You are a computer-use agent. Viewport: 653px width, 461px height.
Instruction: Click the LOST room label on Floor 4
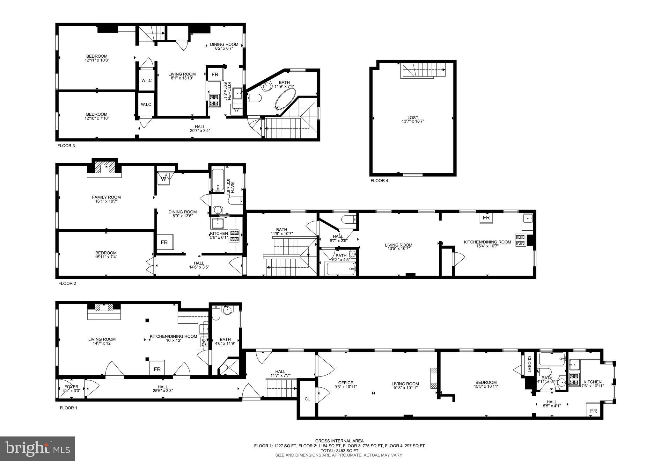coord(413,118)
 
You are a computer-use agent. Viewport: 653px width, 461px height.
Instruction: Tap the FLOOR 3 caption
coord(66,146)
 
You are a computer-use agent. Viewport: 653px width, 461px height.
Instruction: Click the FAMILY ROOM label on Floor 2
coord(106,197)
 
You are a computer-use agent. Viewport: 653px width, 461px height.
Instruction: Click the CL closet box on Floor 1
coord(307,399)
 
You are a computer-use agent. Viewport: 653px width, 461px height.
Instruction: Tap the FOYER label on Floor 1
coord(71,387)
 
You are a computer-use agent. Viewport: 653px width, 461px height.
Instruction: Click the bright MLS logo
coord(37,449)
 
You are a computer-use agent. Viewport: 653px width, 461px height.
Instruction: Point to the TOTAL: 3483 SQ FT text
coord(339,450)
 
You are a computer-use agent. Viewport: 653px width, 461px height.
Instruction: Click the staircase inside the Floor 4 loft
coord(423,70)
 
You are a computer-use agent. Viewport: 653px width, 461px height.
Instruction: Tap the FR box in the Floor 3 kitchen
coord(215,75)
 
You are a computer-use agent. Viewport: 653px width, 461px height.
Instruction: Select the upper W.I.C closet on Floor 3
coord(146,80)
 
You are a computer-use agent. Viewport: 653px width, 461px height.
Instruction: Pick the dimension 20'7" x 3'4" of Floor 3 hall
coord(200,130)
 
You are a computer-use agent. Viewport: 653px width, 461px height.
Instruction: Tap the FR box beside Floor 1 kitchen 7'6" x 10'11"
coord(593,411)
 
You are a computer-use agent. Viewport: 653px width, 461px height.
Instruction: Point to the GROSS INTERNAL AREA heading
coord(339,441)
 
